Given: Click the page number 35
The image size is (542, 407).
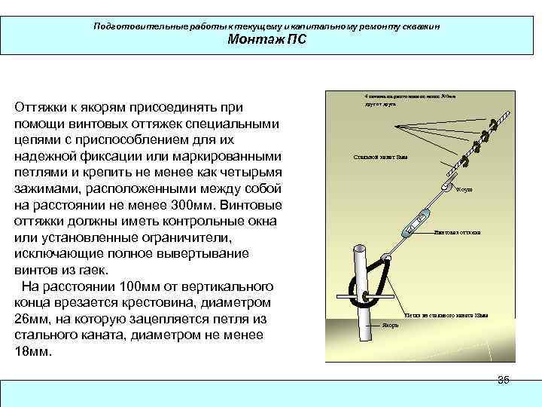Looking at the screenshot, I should (504, 380).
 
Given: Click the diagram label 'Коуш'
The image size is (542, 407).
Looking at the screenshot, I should (464, 190).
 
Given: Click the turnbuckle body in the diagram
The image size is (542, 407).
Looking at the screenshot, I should (413, 225).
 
